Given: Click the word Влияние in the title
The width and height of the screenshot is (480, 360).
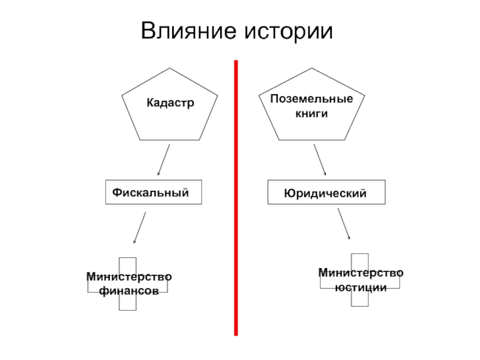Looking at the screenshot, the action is tap(188, 31).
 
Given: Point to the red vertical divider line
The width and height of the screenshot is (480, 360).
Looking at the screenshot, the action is tap(236, 198).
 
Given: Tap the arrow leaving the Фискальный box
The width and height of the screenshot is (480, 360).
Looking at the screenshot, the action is tap(139, 228).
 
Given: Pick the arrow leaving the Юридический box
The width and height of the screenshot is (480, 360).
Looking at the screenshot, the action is tap(344, 223).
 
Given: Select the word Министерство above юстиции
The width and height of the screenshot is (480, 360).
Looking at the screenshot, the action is tap(361, 274).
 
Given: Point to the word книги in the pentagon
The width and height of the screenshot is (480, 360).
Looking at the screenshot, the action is tap(311, 112).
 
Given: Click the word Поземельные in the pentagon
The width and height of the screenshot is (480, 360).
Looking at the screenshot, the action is tap(311, 98).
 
